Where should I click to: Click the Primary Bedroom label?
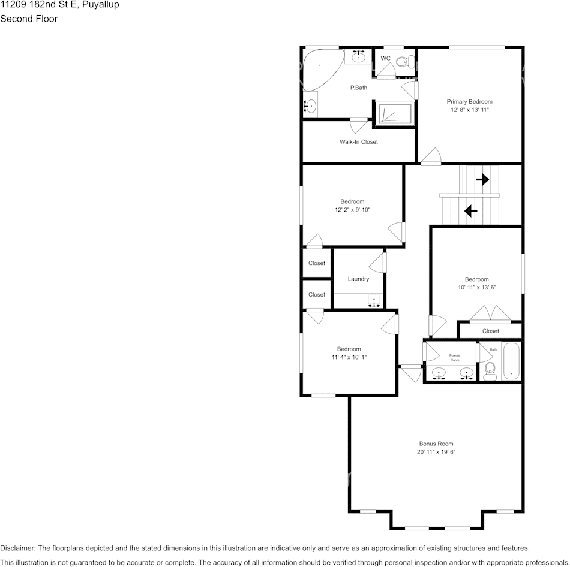pyautogui.click(x=469, y=102)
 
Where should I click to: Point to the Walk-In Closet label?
pyautogui.click(x=358, y=142)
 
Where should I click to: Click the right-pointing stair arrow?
pyautogui.click(x=482, y=179)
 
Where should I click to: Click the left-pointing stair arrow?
pyautogui.click(x=470, y=210)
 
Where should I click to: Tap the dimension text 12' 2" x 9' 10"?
pyautogui.click(x=353, y=210)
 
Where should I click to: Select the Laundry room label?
pyautogui.click(x=358, y=279)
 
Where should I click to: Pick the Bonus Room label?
pyautogui.click(x=436, y=444)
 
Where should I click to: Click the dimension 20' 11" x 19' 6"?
pyautogui.click(x=436, y=452)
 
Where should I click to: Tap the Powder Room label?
pyautogui.click(x=455, y=358)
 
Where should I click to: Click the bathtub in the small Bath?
pyautogui.click(x=511, y=362)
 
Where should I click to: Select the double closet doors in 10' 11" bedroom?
pyautogui.click(x=490, y=313)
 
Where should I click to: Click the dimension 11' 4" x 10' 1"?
pyautogui.click(x=349, y=357)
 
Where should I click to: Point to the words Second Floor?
pyautogui.click(x=29, y=19)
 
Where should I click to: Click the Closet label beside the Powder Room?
pyautogui.click(x=490, y=331)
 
